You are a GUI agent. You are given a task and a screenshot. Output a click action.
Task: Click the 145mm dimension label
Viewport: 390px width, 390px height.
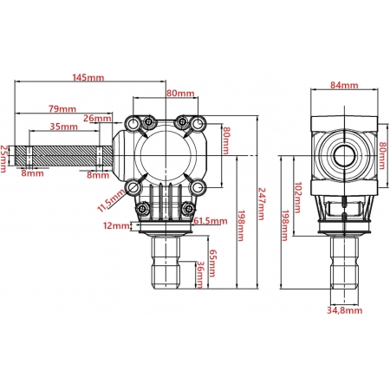coord(88,77)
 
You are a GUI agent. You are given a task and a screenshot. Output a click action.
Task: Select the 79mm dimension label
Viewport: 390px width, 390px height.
coord(62,109)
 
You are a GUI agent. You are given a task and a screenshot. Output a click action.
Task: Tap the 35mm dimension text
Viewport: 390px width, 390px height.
coord(64,127)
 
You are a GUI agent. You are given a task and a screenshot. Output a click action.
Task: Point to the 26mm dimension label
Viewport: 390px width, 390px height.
coord(97,118)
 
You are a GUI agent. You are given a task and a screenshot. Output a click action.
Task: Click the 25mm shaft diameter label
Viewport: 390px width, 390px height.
coord(3,159)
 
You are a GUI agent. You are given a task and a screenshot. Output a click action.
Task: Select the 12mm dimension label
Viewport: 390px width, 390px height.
coord(116,225)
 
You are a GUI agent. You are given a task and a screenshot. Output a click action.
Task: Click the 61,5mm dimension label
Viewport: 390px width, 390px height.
coord(211,221)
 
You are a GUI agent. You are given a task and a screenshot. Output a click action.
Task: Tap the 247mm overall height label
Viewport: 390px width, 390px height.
coord(262,204)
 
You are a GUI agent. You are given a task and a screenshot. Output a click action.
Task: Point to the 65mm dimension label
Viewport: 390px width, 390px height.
coord(212,263)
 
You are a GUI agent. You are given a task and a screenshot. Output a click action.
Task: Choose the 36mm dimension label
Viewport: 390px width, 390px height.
coord(199,275)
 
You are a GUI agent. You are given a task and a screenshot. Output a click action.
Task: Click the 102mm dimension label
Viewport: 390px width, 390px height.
coord(297,198)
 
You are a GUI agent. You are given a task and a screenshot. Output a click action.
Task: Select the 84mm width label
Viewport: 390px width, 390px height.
coord(344,85)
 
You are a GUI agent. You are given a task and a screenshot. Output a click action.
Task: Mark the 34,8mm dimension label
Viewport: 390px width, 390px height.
coord(345,310)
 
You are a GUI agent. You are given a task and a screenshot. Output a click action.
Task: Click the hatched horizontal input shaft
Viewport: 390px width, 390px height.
coord(63,156)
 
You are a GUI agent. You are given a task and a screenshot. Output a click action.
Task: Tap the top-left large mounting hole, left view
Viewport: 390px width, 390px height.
coord(133,124)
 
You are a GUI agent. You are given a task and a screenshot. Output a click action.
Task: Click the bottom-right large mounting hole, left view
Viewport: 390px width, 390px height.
coord(198,187)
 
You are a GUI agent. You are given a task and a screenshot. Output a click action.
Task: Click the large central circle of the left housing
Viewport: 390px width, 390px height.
coord(166,156)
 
